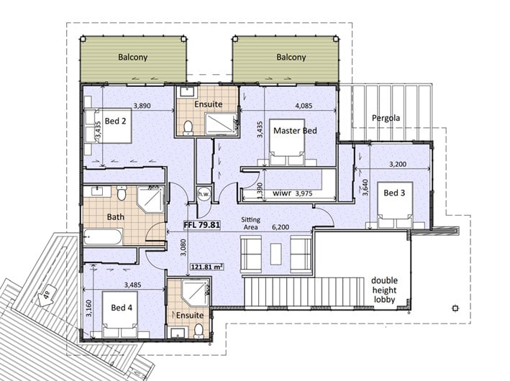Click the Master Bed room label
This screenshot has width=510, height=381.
click(295, 131)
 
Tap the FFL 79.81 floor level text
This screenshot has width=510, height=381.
click(202, 225)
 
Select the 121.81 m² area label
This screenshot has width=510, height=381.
click(207, 267)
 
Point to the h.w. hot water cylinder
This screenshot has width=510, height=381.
click(204, 194)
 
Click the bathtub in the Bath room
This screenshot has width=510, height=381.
click(103, 237)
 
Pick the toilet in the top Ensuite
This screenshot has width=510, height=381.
click(188, 128)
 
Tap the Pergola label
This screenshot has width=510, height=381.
click(386, 118)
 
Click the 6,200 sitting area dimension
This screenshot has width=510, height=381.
click(281, 227)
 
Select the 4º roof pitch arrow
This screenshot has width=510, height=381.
click(46, 297)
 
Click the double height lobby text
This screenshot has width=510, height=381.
click(384, 290)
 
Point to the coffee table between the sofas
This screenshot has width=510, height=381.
click(276, 254)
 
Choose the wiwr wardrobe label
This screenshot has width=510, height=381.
click(282, 193)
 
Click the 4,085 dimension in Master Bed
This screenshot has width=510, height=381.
click(304, 106)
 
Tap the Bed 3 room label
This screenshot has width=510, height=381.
click(394, 193)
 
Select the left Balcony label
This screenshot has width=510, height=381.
click(132, 58)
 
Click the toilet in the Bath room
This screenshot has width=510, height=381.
click(122, 193)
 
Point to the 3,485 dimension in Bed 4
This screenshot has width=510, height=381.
click(132, 285)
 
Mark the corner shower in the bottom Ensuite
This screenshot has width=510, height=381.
click(195, 293)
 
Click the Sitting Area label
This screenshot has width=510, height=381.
click(251, 224)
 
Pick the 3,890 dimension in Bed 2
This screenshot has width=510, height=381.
click(142, 106)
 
